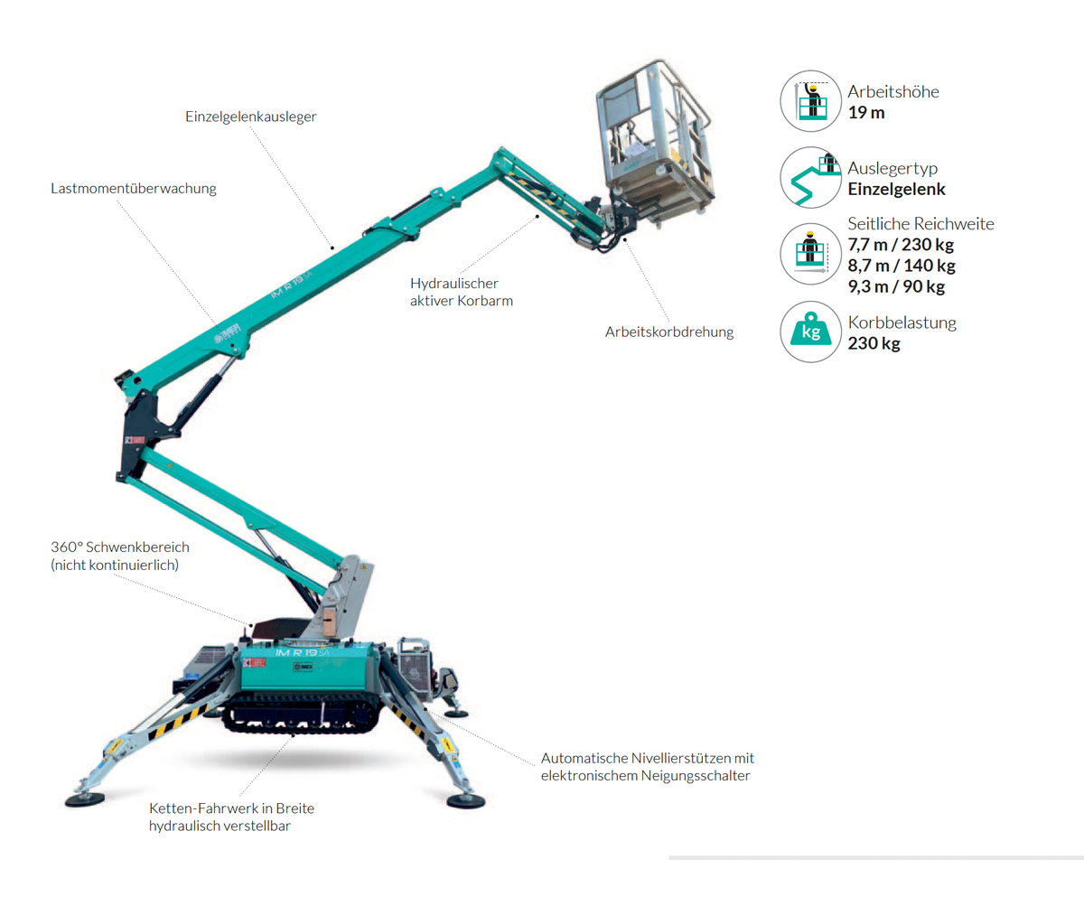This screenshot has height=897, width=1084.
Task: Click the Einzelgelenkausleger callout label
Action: click(251, 117)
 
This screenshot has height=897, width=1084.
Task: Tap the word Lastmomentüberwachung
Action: click(134, 188)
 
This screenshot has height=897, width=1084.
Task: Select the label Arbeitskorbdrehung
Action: click(669, 332)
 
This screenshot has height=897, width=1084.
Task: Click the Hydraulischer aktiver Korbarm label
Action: click(461, 292)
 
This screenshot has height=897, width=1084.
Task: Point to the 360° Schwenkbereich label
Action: click(120, 556)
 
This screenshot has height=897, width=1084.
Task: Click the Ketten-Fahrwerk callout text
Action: click(231, 818)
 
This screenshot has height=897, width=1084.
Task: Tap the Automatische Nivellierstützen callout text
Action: click(648, 767)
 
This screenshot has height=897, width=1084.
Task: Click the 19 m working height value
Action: click(866, 113)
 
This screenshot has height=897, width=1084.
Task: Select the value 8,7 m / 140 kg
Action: click(902, 266)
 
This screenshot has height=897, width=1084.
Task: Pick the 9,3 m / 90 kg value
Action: click(896, 286)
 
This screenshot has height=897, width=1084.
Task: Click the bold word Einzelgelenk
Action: click(896, 189)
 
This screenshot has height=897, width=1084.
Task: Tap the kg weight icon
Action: click(810, 332)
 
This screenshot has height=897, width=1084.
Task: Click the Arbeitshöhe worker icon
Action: click(810, 100)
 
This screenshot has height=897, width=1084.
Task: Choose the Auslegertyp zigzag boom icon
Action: click(810, 178)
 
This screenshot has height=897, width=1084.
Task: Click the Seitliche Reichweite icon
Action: click(810, 254)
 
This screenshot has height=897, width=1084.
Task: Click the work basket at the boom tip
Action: click(655, 143)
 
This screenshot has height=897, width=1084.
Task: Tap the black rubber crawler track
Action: click(302, 714)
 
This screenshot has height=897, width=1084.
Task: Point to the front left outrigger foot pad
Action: click(85, 799)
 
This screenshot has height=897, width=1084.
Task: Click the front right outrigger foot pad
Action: click(466, 800)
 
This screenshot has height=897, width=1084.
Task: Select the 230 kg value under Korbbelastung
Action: click(874, 343)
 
